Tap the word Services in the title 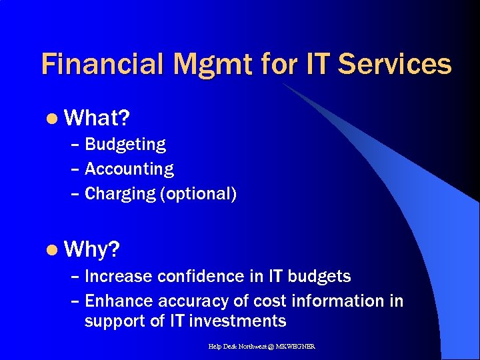coord(395,65)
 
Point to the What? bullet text coord(98,119)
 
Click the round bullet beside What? coord(53,119)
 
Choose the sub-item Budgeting coord(125,145)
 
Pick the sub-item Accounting coord(129,169)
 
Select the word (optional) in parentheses coord(198,194)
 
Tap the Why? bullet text coord(93,250)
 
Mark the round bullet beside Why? coord(53,251)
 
